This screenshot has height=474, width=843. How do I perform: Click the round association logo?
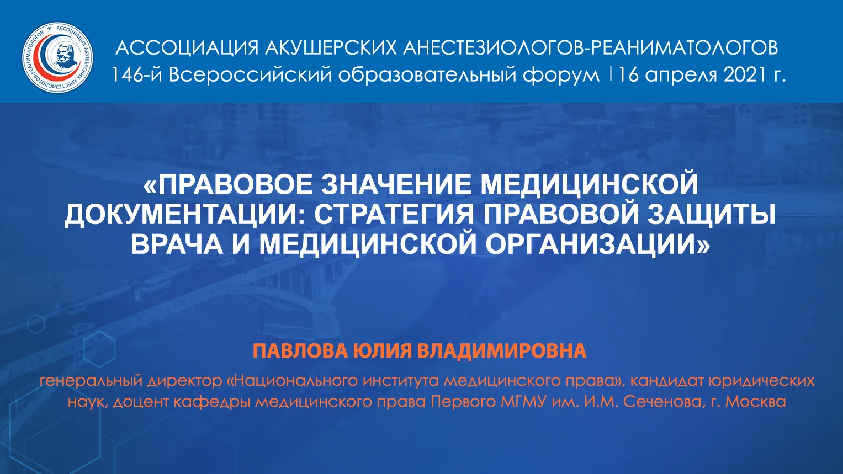[x=57, y=57]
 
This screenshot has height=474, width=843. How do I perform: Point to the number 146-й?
[x=136, y=75]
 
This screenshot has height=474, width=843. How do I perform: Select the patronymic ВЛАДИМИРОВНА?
[x=502, y=351]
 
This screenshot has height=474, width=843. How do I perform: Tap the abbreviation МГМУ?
[x=523, y=402]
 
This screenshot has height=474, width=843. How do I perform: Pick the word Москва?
[x=756, y=402]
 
